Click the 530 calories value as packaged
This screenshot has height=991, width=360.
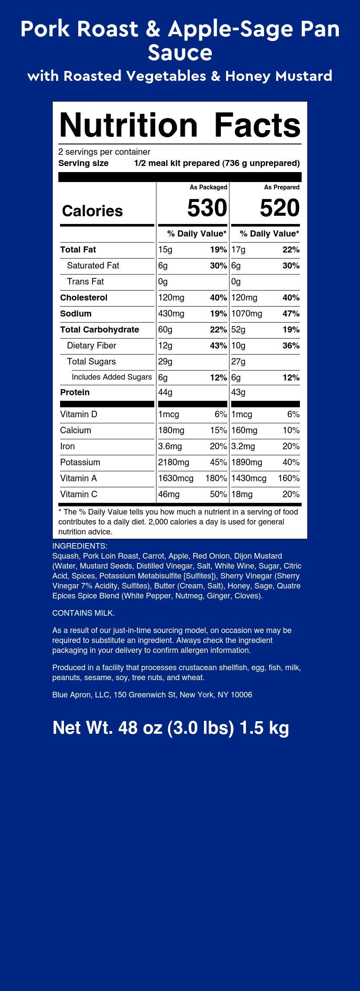click(x=207, y=208)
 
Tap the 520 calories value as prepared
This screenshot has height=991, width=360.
click(x=280, y=208)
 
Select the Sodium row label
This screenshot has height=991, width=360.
click(x=76, y=313)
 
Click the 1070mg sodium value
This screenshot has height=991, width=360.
click(x=247, y=313)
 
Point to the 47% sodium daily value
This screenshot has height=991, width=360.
click(x=291, y=313)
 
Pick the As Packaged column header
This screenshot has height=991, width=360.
click(x=208, y=187)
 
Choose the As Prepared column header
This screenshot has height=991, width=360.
click(x=282, y=187)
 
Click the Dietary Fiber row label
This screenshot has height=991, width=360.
click(x=91, y=345)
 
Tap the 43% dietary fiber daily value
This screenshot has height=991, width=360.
click(x=218, y=345)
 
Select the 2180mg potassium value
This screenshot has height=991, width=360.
click(x=174, y=462)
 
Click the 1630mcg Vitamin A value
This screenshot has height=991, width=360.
click(x=176, y=478)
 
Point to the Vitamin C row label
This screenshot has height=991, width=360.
click(x=79, y=494)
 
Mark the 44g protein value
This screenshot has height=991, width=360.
click(x=165, y=392)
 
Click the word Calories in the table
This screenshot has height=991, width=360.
click(x=92, y=211)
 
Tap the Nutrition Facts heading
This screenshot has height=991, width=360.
click(x=180, y=125)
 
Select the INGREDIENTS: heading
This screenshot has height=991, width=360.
click(x=80, y=546)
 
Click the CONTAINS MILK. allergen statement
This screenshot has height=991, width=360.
click(x=83, y=613)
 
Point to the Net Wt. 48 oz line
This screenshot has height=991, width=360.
click(x=171, y=728)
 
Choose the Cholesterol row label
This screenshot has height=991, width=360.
click(x=84, y=297)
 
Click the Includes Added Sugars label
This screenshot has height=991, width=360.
click(x=112, y=377)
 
